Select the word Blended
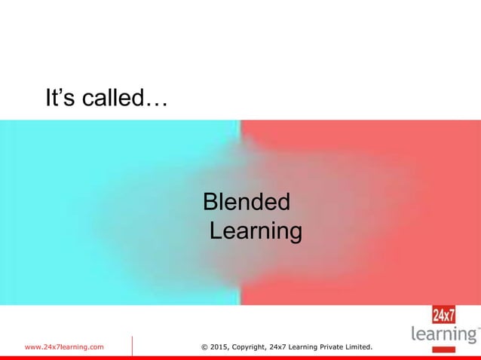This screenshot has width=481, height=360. (247, 203)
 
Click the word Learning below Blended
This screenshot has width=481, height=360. (256, 230)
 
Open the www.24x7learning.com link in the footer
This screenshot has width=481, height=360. (65, 346)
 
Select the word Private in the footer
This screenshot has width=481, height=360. (332, 346)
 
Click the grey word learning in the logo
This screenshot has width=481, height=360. (443, 334)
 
